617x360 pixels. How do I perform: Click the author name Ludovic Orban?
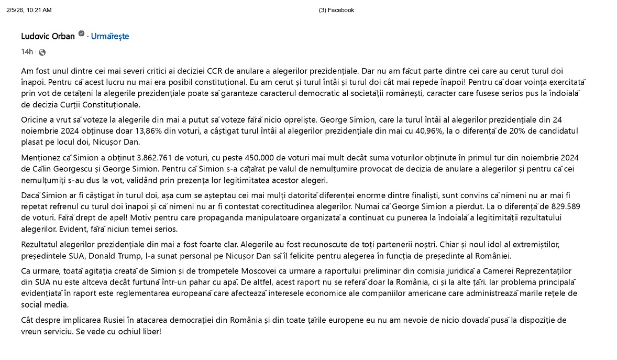[x=48, y=36]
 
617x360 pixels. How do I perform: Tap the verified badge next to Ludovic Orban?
[x=81, y=34]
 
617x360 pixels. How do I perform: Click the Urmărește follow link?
[x=110, y=36]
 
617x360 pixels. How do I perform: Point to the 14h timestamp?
[x=27, y=52]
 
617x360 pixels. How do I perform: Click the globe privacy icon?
[x=42, y=52]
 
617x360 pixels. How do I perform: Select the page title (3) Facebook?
[x=336, y=10]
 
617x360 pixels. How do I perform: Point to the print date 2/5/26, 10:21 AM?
[x=29, y=10]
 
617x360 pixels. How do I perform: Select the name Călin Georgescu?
[x=58, y=169]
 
